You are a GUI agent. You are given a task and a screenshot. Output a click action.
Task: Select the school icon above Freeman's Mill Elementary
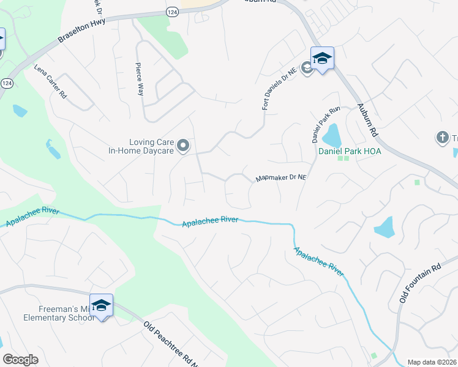tap(101, 305)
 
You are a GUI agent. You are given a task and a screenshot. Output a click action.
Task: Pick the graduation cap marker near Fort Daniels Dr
tap(322, 59)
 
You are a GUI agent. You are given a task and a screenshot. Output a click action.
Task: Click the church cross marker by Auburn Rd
tap(443, 138)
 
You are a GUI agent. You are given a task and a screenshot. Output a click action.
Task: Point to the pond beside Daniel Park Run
tap(331, 134)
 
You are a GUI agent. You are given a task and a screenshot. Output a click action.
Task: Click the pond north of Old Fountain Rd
tap(385, 227)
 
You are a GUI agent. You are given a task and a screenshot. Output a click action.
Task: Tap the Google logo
tap(21, 360)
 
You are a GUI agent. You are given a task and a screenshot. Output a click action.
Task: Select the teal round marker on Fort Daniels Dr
tap(307, 67)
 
